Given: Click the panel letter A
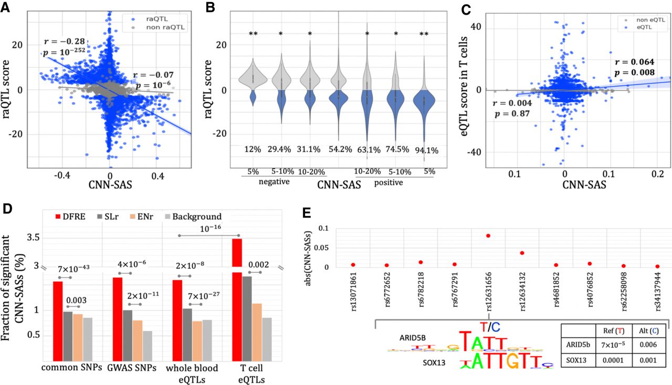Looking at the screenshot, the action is pos(5,7).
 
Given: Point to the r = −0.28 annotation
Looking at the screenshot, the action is pos(65,41).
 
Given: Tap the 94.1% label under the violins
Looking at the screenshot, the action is pos(426,150).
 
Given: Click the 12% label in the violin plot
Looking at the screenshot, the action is pos(253,149).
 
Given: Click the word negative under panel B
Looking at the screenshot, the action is pos(274,182).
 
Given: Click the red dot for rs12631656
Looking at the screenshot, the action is pos(488,236).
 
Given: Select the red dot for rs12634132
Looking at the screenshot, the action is pos(522,253).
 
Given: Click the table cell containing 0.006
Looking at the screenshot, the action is pos(648,345).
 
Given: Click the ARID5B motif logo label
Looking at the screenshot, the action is pos(413,338).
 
